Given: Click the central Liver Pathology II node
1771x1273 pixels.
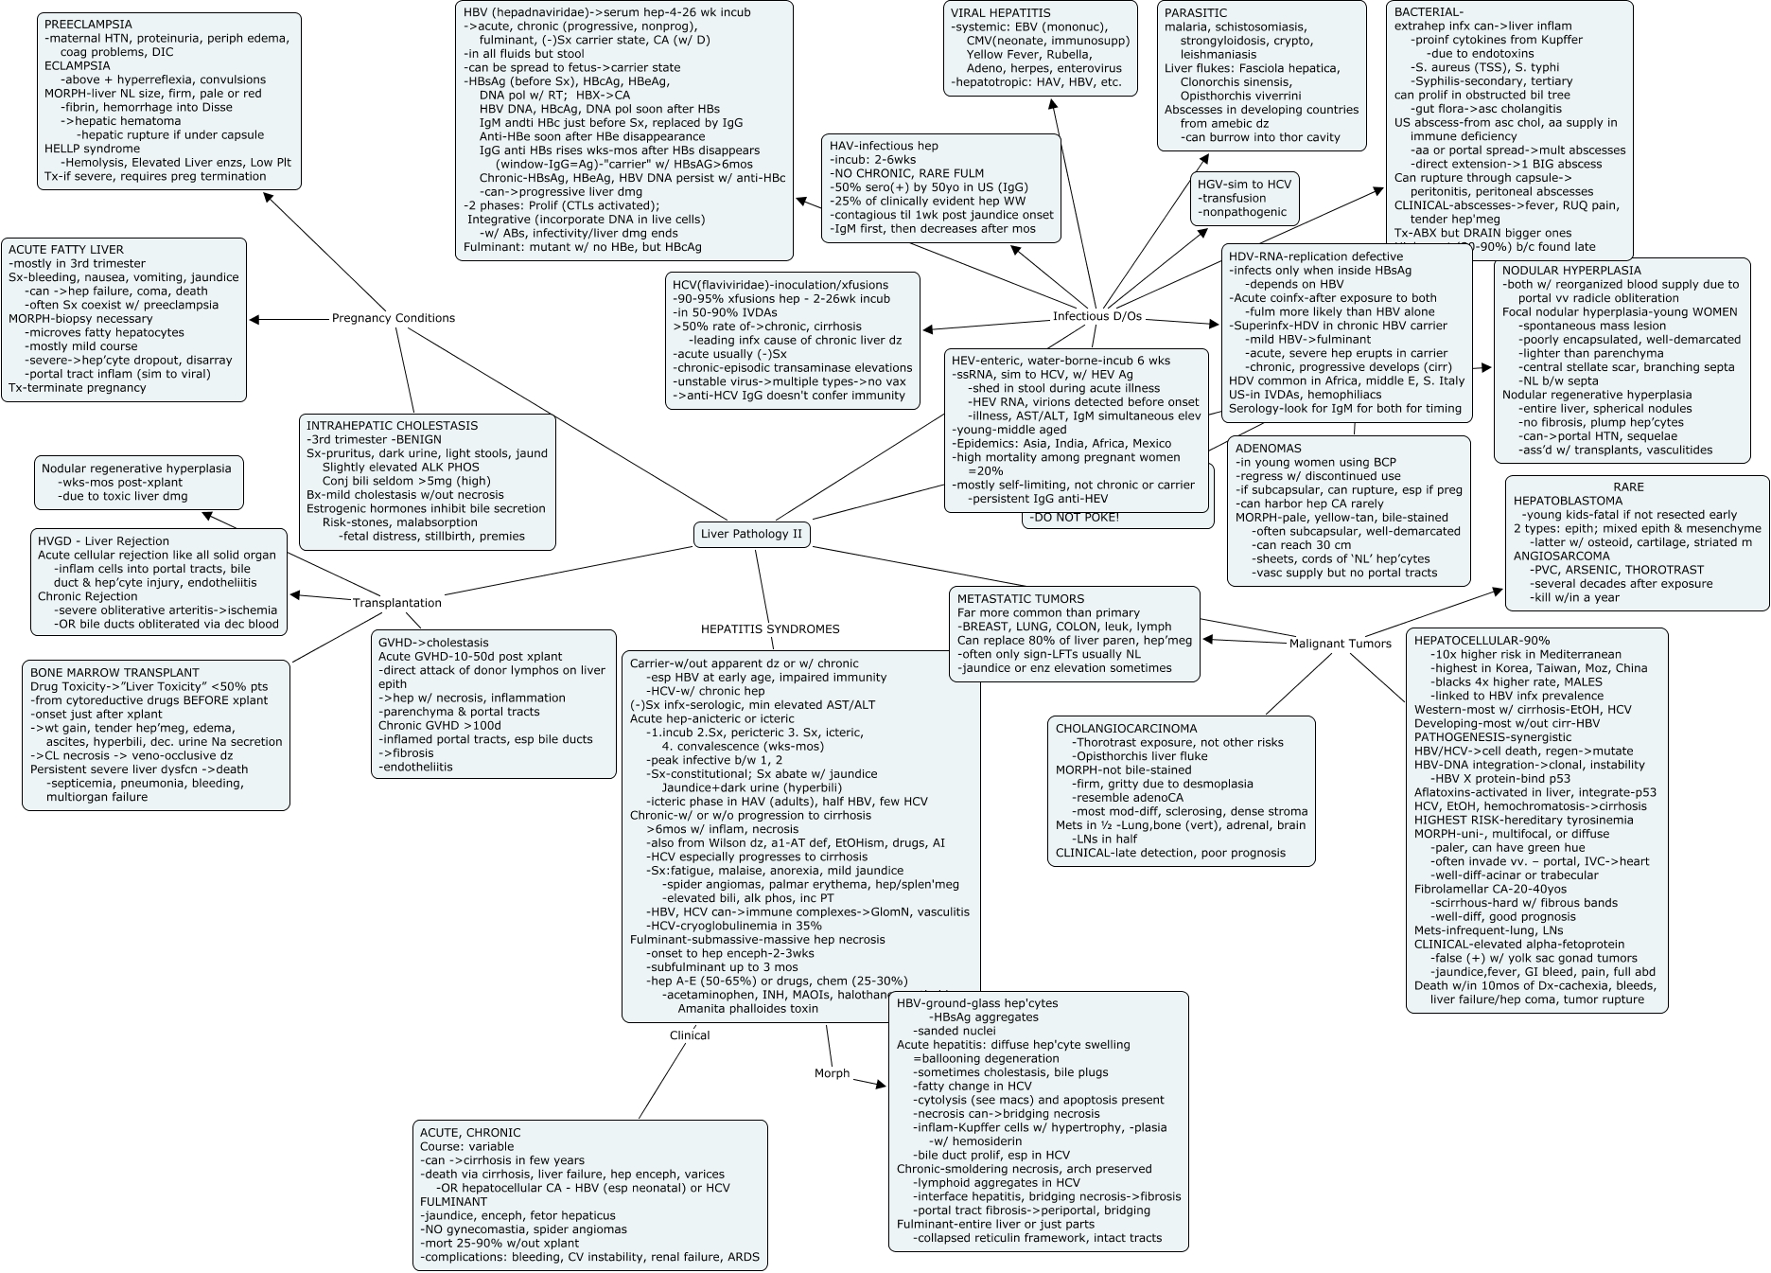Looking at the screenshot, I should tap(751, 534).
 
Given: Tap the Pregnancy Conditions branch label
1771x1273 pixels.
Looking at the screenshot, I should tap(393, 318).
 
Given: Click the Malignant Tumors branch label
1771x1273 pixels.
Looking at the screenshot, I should tap(1340, 644).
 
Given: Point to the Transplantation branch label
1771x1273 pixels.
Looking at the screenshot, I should tap(396, 603).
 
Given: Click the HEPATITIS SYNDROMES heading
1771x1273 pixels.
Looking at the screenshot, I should tap(769, 629).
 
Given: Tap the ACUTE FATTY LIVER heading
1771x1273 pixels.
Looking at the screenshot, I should tap(66, 250).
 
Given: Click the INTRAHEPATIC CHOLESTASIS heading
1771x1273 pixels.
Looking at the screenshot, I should tap(392, 426).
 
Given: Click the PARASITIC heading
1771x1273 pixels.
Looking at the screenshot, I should tap(1196, 13).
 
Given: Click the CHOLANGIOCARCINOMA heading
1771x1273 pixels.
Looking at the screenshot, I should tap(1126, 729).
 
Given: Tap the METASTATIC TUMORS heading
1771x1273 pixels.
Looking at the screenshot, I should tap(1020, 599).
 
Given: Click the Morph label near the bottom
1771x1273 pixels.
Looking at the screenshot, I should tap(832, 1073).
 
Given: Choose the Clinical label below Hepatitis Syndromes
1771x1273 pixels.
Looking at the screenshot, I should tap(689, 1035).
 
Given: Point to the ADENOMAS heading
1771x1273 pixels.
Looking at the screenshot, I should tap(1268, 449).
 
